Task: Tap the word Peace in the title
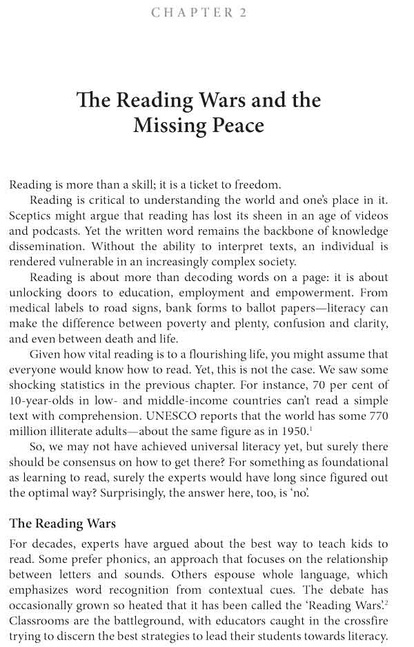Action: coord(235,126)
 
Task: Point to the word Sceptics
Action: coord(32,215)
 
